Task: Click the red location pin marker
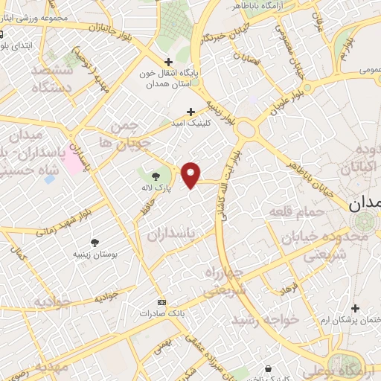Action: [x=191, y=175]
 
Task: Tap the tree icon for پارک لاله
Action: [x=156, y=176]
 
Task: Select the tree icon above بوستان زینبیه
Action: [x=95, y=242]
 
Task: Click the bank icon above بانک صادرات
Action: [x=163, y=303]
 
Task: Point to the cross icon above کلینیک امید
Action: [x=191, y=111]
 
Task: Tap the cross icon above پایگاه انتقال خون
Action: [x=169, y=62]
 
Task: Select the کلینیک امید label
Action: [x=191, y=122]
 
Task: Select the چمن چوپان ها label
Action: [x=129, y=133]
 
